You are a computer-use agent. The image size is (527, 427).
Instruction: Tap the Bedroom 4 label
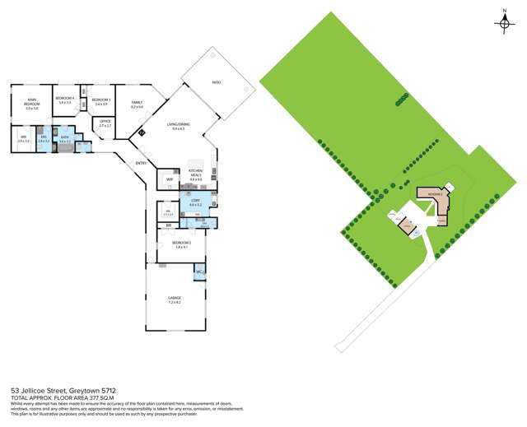64,100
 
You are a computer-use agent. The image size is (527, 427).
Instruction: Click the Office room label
105,123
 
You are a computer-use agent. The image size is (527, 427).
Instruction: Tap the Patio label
217,82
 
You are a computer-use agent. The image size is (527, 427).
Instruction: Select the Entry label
141,163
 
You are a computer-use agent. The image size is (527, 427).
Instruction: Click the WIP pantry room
170,179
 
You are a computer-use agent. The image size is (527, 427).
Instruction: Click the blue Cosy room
195,202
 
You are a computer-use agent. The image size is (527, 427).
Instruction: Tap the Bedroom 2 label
182,244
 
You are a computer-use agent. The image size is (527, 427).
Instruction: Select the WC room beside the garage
199,271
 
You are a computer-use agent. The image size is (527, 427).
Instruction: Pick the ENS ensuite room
44,140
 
